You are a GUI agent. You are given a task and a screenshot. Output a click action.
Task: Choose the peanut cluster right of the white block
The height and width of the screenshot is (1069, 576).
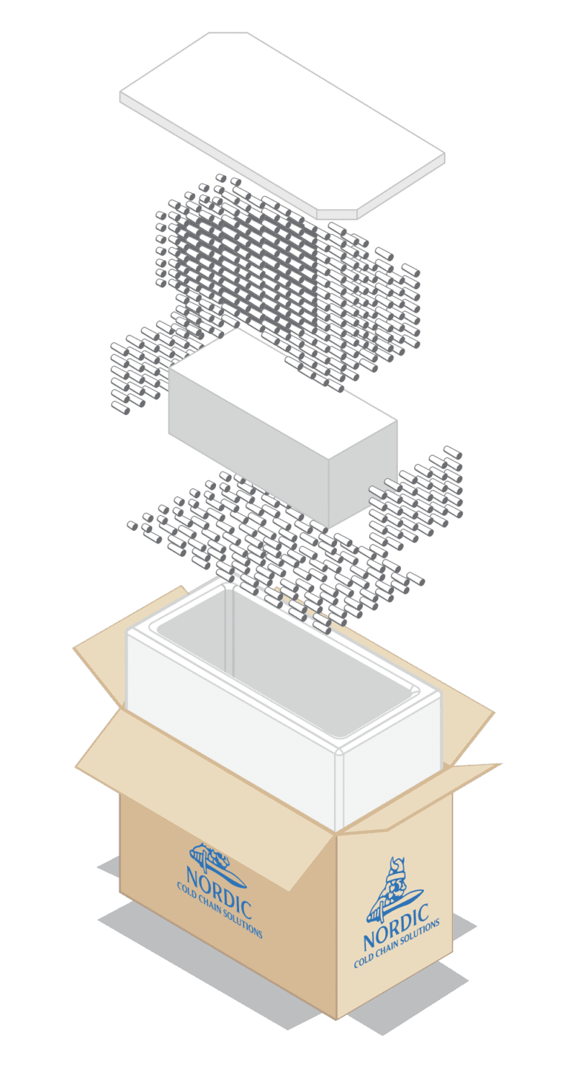pos(418,490)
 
